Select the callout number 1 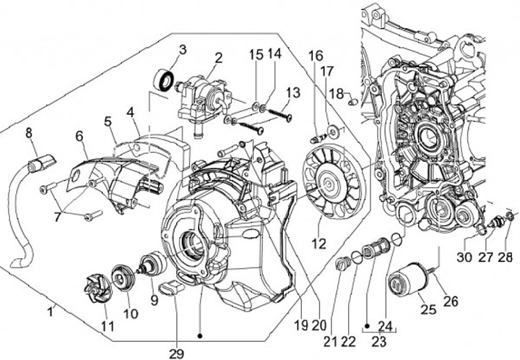50,312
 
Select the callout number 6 79,136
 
